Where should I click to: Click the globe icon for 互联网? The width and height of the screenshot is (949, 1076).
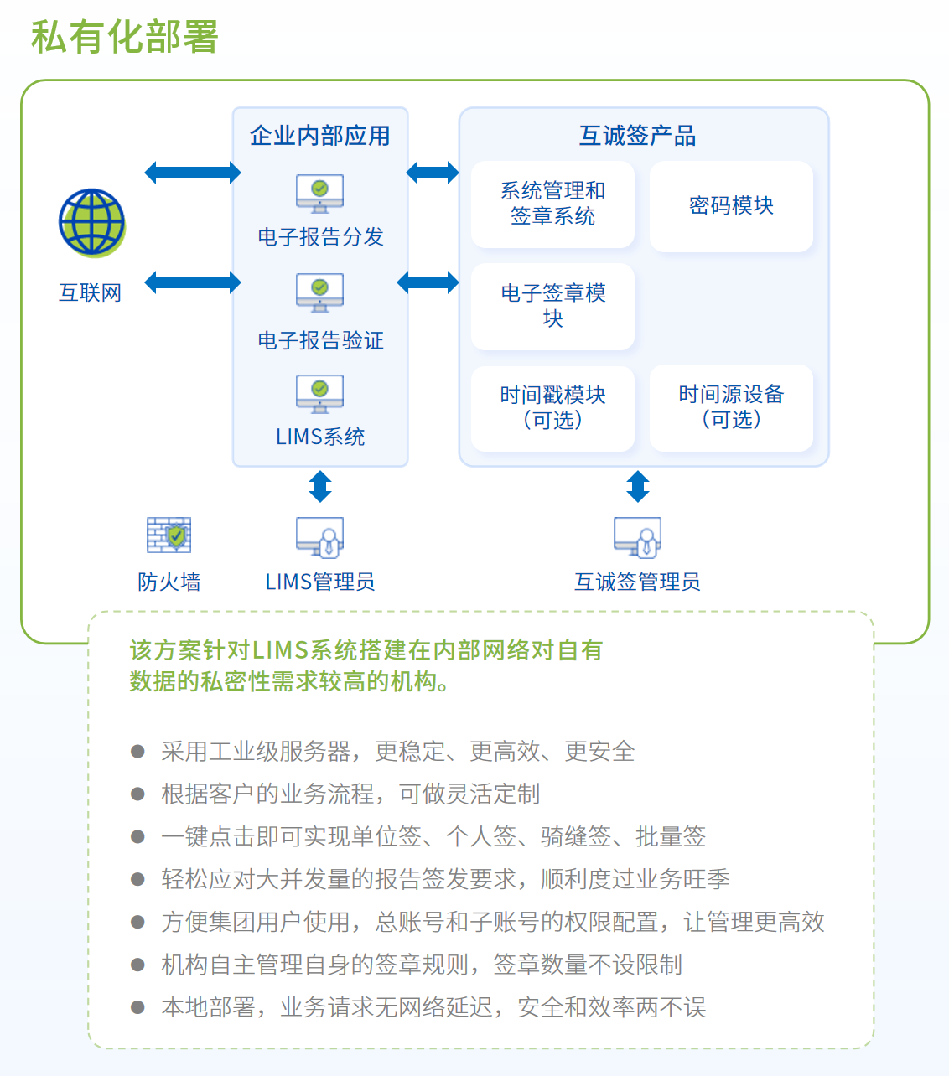coord(91,222)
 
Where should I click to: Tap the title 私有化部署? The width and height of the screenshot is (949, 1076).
coord(125,37)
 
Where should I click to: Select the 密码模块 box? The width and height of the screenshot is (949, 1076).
coord(731,206)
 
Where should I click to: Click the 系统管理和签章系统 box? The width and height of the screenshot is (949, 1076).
coord(552,204)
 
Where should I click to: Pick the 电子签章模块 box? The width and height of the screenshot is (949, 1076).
coord(552,306)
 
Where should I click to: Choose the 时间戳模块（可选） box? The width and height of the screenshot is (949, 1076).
coord(552,407)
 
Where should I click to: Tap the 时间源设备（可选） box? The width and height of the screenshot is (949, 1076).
coord(731,407)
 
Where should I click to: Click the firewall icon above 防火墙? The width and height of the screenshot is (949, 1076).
coord(169,535)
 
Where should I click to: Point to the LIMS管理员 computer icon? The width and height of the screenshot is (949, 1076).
coord(319,537)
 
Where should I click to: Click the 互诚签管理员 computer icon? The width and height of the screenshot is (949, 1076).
coord(637,537)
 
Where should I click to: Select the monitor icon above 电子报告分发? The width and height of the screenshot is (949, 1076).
coord(319,193)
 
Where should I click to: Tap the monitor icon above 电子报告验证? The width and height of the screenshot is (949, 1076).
coord(319,292)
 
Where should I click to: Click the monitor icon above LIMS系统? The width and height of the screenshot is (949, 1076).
coord(319,394)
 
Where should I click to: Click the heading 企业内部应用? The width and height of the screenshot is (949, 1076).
coord(319,136)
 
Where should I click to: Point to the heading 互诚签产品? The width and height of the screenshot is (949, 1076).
coord(637,136)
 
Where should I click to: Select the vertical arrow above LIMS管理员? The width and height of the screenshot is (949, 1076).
coord(319,486)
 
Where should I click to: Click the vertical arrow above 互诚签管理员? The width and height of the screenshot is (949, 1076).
coord(637,486)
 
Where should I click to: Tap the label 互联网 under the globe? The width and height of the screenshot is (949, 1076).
coord(91,292)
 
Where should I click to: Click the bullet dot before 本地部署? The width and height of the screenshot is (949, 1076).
coord(138,1006)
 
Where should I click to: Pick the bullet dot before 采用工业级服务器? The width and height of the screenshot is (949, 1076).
coord(138,751)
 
